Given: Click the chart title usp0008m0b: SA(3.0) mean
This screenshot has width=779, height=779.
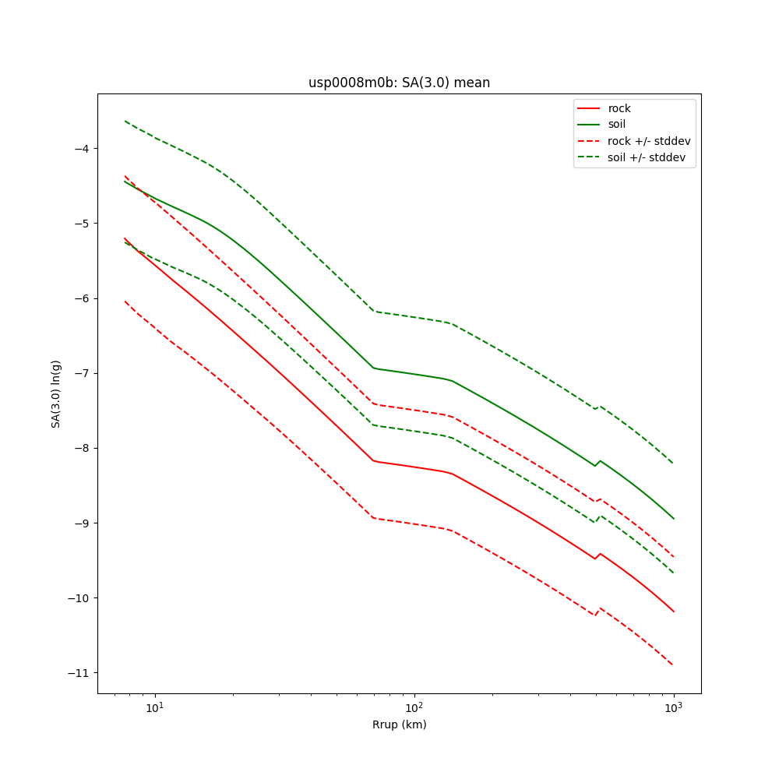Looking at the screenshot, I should [399, 83].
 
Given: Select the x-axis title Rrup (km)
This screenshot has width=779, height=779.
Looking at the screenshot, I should [399, 724].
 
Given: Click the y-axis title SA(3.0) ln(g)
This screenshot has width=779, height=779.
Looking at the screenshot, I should [56, 393].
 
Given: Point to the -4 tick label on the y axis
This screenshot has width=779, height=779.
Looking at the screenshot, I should [81, 148].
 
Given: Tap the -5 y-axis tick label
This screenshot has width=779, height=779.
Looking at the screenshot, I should [81, 224].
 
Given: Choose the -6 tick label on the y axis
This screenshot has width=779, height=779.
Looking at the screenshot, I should [81, 298].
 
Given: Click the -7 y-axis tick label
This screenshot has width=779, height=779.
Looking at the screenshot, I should [81, 373].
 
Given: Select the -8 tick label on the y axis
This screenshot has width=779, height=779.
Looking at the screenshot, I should [81, 448].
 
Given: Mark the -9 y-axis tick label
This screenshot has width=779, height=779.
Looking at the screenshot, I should [81, 523].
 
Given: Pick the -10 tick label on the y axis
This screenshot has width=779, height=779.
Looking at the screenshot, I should [78, 598].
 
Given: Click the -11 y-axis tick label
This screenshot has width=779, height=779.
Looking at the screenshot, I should [78, 673].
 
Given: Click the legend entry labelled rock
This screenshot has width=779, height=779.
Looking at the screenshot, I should [619, 108].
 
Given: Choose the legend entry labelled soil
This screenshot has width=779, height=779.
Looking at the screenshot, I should [617, 125].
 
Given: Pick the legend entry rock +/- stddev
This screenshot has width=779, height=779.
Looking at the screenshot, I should [649, 141].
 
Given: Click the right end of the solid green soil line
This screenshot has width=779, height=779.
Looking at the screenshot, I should [674, 519].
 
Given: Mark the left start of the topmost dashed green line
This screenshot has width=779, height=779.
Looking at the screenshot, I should [125, 121].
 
